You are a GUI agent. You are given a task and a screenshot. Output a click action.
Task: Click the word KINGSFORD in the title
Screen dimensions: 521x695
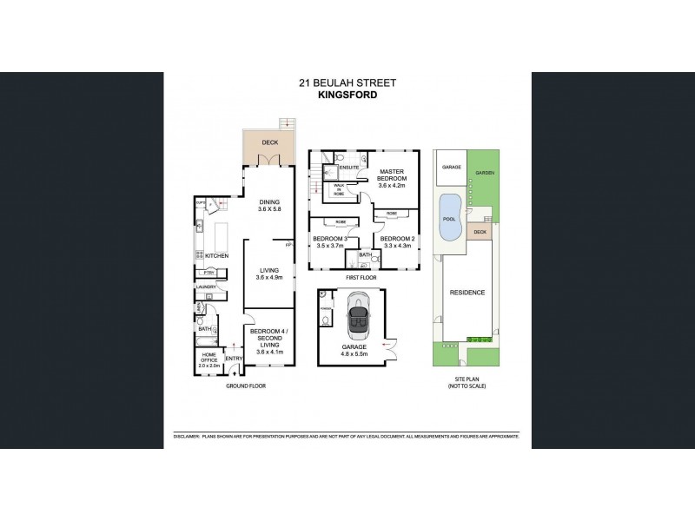click(347, 96)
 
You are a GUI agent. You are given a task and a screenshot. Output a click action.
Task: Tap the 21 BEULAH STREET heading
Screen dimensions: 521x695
click(347, 83)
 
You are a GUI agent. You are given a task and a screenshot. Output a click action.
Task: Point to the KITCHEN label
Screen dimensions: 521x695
click(216, 256)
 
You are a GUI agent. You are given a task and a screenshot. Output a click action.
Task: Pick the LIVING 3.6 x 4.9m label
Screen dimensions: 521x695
click(268, 274)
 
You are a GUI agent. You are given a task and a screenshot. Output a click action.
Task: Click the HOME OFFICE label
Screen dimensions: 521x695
click(208, 358)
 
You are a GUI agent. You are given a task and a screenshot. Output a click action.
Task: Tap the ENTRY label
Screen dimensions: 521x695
click(234, 359)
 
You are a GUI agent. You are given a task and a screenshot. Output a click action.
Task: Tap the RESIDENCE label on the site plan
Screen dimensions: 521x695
click(467, 293)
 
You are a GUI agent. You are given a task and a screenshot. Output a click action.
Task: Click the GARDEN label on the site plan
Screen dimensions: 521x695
click(484, 173)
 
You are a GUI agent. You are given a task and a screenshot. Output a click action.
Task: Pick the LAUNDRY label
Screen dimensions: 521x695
click(206, 287)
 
